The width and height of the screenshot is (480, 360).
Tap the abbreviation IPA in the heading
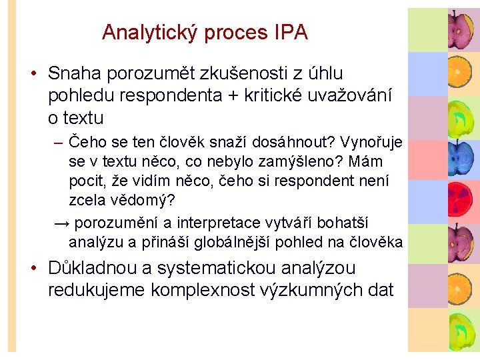(x=290, y=32)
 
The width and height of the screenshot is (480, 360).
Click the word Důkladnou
(x=91, y=268)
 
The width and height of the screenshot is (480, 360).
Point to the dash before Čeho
(x=59, y=142)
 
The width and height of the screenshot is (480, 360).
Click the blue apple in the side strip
(x=461, y=159)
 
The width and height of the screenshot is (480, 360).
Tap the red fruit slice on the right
(x=461, y=202)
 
